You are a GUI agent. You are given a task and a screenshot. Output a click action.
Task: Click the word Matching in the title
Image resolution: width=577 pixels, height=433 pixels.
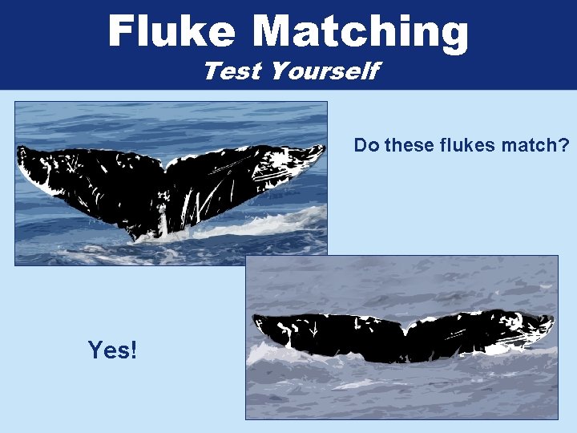coord(360,32)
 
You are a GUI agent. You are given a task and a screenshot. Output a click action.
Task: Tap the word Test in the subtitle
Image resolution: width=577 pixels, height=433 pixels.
coord(232,71)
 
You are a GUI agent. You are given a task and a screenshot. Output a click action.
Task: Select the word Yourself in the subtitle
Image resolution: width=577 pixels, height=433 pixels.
coord(325,71)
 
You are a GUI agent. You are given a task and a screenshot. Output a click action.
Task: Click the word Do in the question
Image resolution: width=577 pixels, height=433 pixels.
coord(366,145)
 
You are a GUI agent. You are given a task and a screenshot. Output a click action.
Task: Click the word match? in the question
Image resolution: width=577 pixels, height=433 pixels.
coord(532,145)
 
